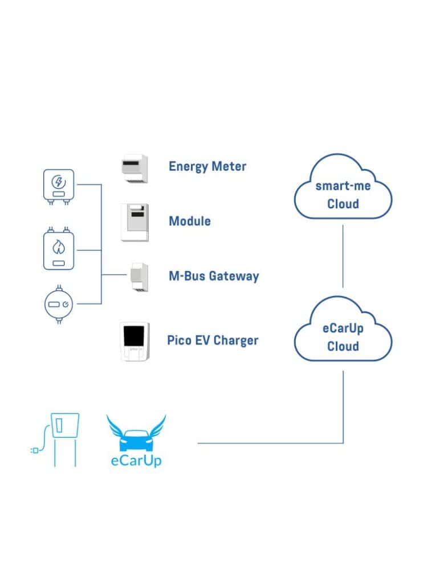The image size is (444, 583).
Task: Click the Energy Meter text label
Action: point(207,166)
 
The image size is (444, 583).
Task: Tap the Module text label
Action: point(189,221)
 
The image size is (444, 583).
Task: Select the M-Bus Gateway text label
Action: point(214,276)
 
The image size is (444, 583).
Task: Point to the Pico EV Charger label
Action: point(213,340)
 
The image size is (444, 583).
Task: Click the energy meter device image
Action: point(135,168)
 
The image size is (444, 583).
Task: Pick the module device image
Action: point(135,223)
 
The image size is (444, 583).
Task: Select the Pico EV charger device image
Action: point(135,341)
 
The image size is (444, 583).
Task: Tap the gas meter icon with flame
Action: point(58,248)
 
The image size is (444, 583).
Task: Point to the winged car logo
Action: point(136,434)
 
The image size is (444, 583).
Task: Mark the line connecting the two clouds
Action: point(343,256)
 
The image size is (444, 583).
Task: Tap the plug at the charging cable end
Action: point(34,450)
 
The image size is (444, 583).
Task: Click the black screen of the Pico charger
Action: point(135,336)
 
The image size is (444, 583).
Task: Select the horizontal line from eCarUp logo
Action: point(268,443)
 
